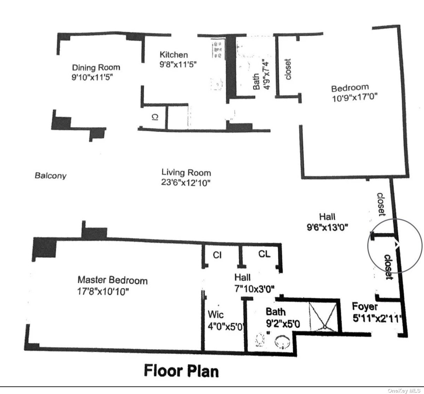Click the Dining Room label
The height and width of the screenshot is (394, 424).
tap(96, 68)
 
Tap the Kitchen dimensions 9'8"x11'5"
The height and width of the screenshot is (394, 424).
tap(178, 64)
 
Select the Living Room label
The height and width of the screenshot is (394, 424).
tap(186, 172)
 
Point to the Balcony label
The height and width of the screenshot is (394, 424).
tap(51, 175)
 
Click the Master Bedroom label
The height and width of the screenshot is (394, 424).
tap(112, 280)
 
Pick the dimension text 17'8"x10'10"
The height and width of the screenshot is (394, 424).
tap(103, 291)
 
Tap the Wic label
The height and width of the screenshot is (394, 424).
tap(216, 314)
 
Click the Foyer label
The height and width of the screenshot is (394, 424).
tap(365, 307)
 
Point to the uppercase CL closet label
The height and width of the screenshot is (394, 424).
tap(264, 254)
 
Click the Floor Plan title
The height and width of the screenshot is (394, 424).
tap(181, 371)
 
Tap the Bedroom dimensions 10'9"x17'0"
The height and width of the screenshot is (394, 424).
tap(355, 98)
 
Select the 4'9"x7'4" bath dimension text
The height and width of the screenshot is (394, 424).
tap(267, 76)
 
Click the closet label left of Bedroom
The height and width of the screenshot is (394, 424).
tap(288, 69)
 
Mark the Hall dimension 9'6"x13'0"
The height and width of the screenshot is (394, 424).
tap(327, 227)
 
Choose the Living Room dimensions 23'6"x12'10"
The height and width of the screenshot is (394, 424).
tap(186, 183)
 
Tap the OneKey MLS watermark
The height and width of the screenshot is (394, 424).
tap(404, 390)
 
